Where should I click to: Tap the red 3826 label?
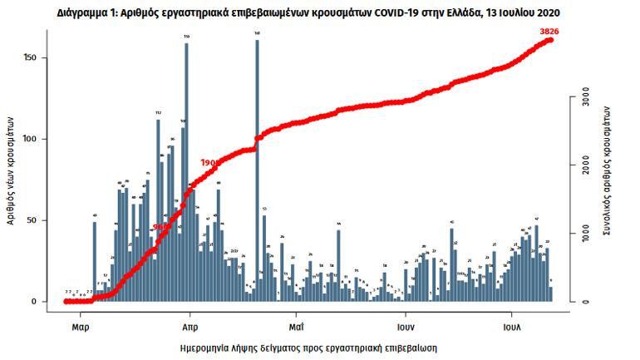(549, 32)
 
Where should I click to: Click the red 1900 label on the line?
(209, 163)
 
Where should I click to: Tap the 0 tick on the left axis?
(34, 302)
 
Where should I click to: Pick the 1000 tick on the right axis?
(585, 234)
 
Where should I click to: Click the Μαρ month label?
(80, 328)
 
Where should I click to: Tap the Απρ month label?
(189, 328)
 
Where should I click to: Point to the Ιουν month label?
(405, 328)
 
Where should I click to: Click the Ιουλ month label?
(511, 328)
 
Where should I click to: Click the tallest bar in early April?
(186, 170)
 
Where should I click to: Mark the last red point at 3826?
(550, 40)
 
